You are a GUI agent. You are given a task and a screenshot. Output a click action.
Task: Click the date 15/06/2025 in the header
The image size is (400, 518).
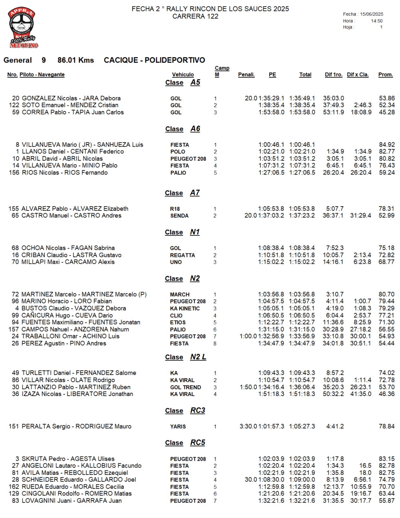click(372, 14)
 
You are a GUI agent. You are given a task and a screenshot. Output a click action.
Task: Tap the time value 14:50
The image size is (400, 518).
click(377, 21)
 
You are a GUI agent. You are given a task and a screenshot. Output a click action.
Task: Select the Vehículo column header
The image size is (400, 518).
click(183, 74)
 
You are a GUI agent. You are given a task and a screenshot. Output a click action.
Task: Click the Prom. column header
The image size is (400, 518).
click(385, 74)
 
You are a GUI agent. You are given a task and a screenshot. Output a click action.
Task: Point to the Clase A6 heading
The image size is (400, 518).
click(183, 129)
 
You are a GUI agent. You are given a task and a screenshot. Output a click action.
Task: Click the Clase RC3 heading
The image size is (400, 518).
click(185, 411)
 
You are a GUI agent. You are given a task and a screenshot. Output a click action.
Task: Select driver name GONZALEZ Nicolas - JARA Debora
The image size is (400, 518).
click(71, 98)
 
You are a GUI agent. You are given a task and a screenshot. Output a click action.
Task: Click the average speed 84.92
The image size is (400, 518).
click(387, 145)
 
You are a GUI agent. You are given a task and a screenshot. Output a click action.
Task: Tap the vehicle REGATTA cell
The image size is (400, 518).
click(182, 255)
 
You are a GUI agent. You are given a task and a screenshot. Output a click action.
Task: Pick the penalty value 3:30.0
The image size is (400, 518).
click(248, 426)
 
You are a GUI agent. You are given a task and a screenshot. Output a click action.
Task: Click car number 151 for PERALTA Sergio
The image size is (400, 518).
click(14, 426)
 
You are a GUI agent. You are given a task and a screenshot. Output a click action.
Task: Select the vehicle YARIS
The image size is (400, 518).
click(178, 427)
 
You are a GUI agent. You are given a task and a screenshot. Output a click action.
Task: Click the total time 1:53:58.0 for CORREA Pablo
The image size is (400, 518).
click(302, 112)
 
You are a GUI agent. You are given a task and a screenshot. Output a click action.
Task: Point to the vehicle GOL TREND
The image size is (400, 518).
click(186, 387)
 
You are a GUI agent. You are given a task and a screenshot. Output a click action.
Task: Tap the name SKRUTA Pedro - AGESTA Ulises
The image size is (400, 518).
click(68, 459)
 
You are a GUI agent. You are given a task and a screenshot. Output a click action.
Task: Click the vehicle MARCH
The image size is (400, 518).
click(180, 295)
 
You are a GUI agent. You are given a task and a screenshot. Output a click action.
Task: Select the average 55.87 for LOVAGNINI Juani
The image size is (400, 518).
click(387, 501)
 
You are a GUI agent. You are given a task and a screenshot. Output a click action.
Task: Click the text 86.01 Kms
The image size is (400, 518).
click(76, 60)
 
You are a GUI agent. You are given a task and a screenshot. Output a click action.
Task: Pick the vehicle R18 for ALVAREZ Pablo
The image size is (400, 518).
click(175, 209)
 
